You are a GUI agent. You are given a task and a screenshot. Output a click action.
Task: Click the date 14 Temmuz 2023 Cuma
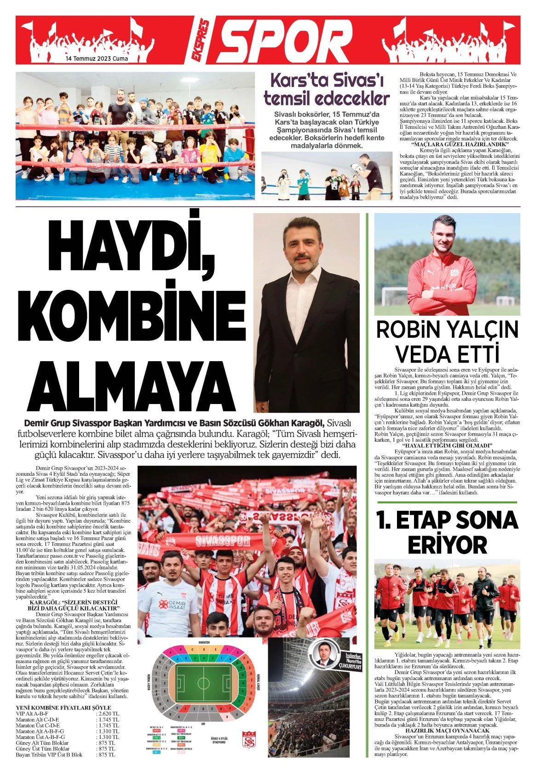coord(97,59)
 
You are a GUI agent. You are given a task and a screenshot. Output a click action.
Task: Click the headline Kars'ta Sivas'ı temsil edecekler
coord(327,89)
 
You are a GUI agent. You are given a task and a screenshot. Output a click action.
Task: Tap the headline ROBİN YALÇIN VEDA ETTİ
coord(447,342)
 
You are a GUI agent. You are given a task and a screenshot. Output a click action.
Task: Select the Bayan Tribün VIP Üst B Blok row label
coord(49,755)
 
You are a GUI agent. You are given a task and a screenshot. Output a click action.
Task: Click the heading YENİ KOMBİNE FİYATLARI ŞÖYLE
coord(63,708)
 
